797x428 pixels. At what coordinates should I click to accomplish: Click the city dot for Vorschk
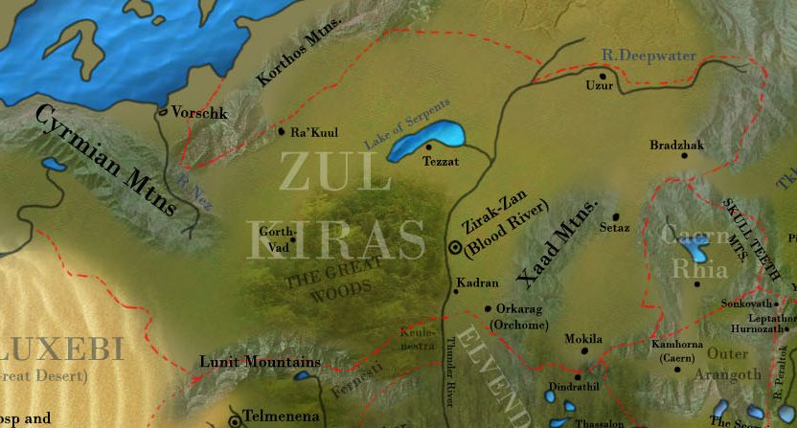[163, 113]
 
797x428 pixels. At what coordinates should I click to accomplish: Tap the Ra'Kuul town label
[314, 133]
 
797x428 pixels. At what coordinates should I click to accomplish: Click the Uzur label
[598, 86]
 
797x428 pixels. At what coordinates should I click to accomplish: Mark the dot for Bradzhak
[684, 155]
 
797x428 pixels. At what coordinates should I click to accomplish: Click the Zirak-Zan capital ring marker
[455, 247]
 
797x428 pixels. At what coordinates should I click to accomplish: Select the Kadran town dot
[455, 291]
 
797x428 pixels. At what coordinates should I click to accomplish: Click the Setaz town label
[614, 228]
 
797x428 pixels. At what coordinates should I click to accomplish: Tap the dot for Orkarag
[488, 309]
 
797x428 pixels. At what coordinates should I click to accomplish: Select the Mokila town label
[583, 339]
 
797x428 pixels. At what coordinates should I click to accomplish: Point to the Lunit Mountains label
[260, 362]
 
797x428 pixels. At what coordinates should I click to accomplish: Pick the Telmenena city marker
[234, 420]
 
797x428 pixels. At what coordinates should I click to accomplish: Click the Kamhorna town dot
[676, 369]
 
